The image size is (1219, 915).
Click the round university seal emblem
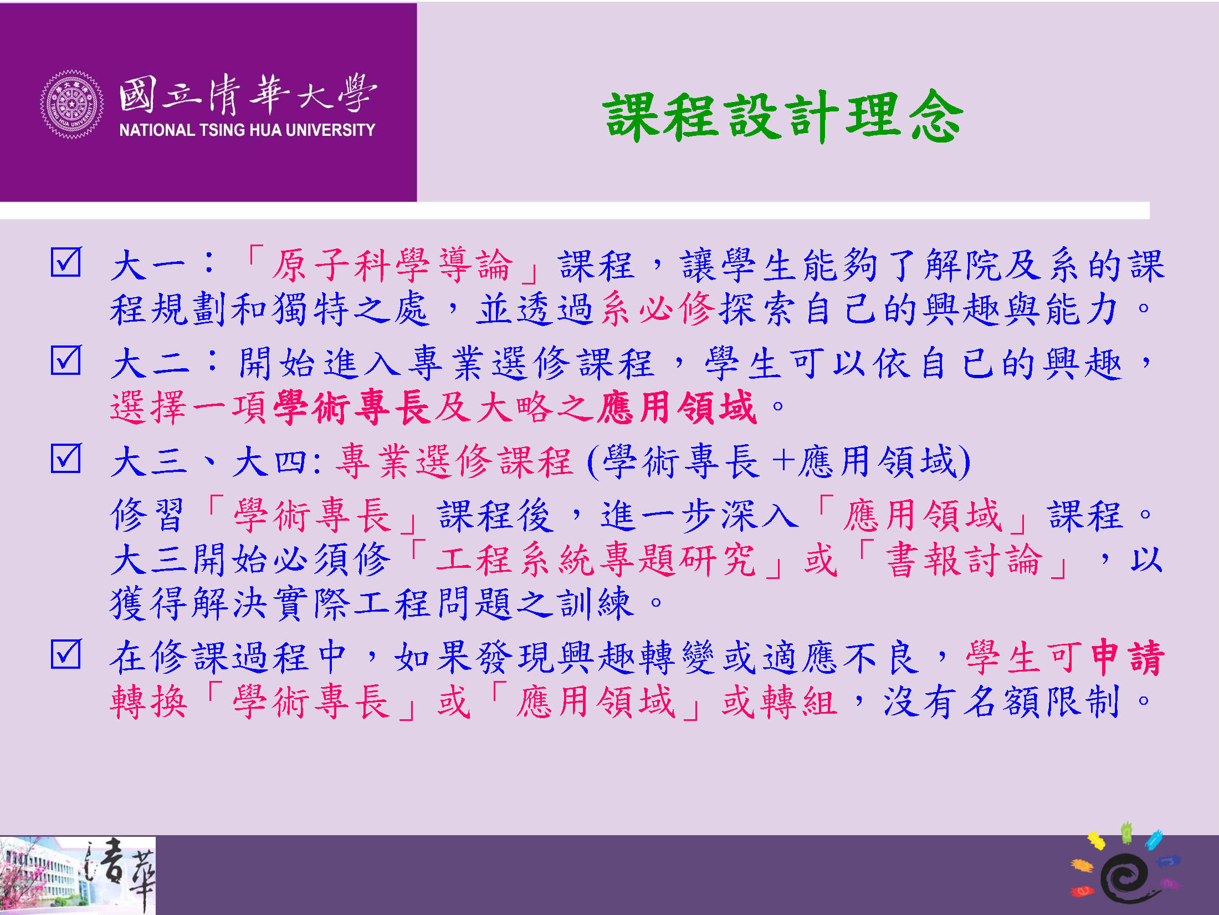point(71,104)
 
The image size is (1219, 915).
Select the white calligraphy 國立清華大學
point(248,94)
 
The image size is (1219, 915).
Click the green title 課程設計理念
point(783,116)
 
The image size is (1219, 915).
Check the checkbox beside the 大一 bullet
point(66,262)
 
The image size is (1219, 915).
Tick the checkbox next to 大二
point(66,360)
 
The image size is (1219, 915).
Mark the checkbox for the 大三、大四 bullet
point(66,458)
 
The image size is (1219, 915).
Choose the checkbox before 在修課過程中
point(66,654)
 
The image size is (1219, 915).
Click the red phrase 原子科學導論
point(392,265)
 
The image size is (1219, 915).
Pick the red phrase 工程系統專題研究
point(596,560)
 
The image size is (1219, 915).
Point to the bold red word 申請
point(1128,658)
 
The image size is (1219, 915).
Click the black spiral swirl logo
point(1125,877)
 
